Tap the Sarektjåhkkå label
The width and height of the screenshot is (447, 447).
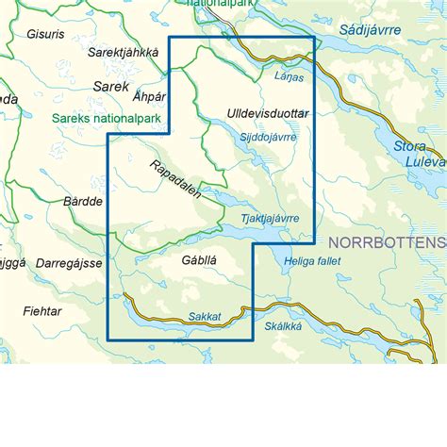pyautogui.click(x=123, y=53)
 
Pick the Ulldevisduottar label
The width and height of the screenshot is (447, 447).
pyautogui.click(x=268, y=114)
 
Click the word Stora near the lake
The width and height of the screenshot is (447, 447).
pyautogui.click(x=410, y=147)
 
